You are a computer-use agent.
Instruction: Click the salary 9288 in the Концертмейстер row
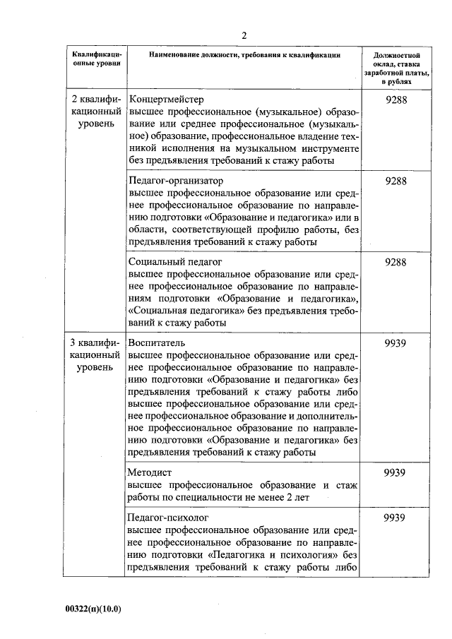(x=395, y=100)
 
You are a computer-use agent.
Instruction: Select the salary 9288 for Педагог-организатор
(x=395, y=180)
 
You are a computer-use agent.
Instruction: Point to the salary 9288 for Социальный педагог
(x=395, y=261)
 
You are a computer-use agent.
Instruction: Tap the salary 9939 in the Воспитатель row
(x=395, y=342)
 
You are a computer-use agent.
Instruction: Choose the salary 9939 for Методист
(x=395, y=472)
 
